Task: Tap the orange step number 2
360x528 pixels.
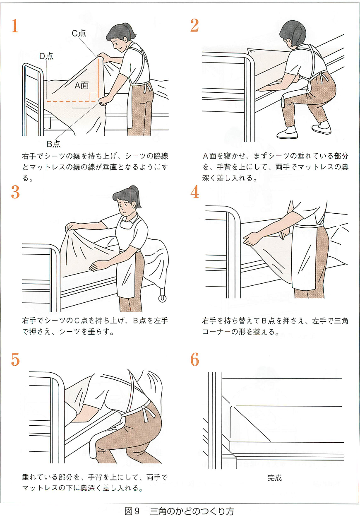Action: (x=194, y=25)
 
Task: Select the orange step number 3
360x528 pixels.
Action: (x=15, y=192)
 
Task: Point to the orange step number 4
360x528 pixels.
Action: (x=194, y=192)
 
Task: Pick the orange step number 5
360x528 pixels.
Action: (x=15, y=359)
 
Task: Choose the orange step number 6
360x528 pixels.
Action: (x=194, y=359)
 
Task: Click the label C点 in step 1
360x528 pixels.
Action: (x=79, y=33)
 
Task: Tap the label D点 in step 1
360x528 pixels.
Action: (x=46, y=56)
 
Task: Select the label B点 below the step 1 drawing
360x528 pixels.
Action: (x=53, y=144)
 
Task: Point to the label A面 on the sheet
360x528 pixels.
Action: (x=82, y=85)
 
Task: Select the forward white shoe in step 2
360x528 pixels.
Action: (x=287, y=133)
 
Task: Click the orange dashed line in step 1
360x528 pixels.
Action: (x=72, y=101)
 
